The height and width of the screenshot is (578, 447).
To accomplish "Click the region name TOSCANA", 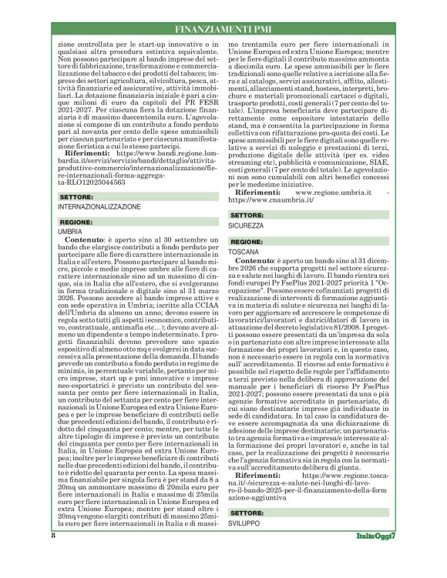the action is tap(244, 251).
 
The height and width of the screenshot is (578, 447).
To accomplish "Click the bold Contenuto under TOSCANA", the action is tap(258, 262).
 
